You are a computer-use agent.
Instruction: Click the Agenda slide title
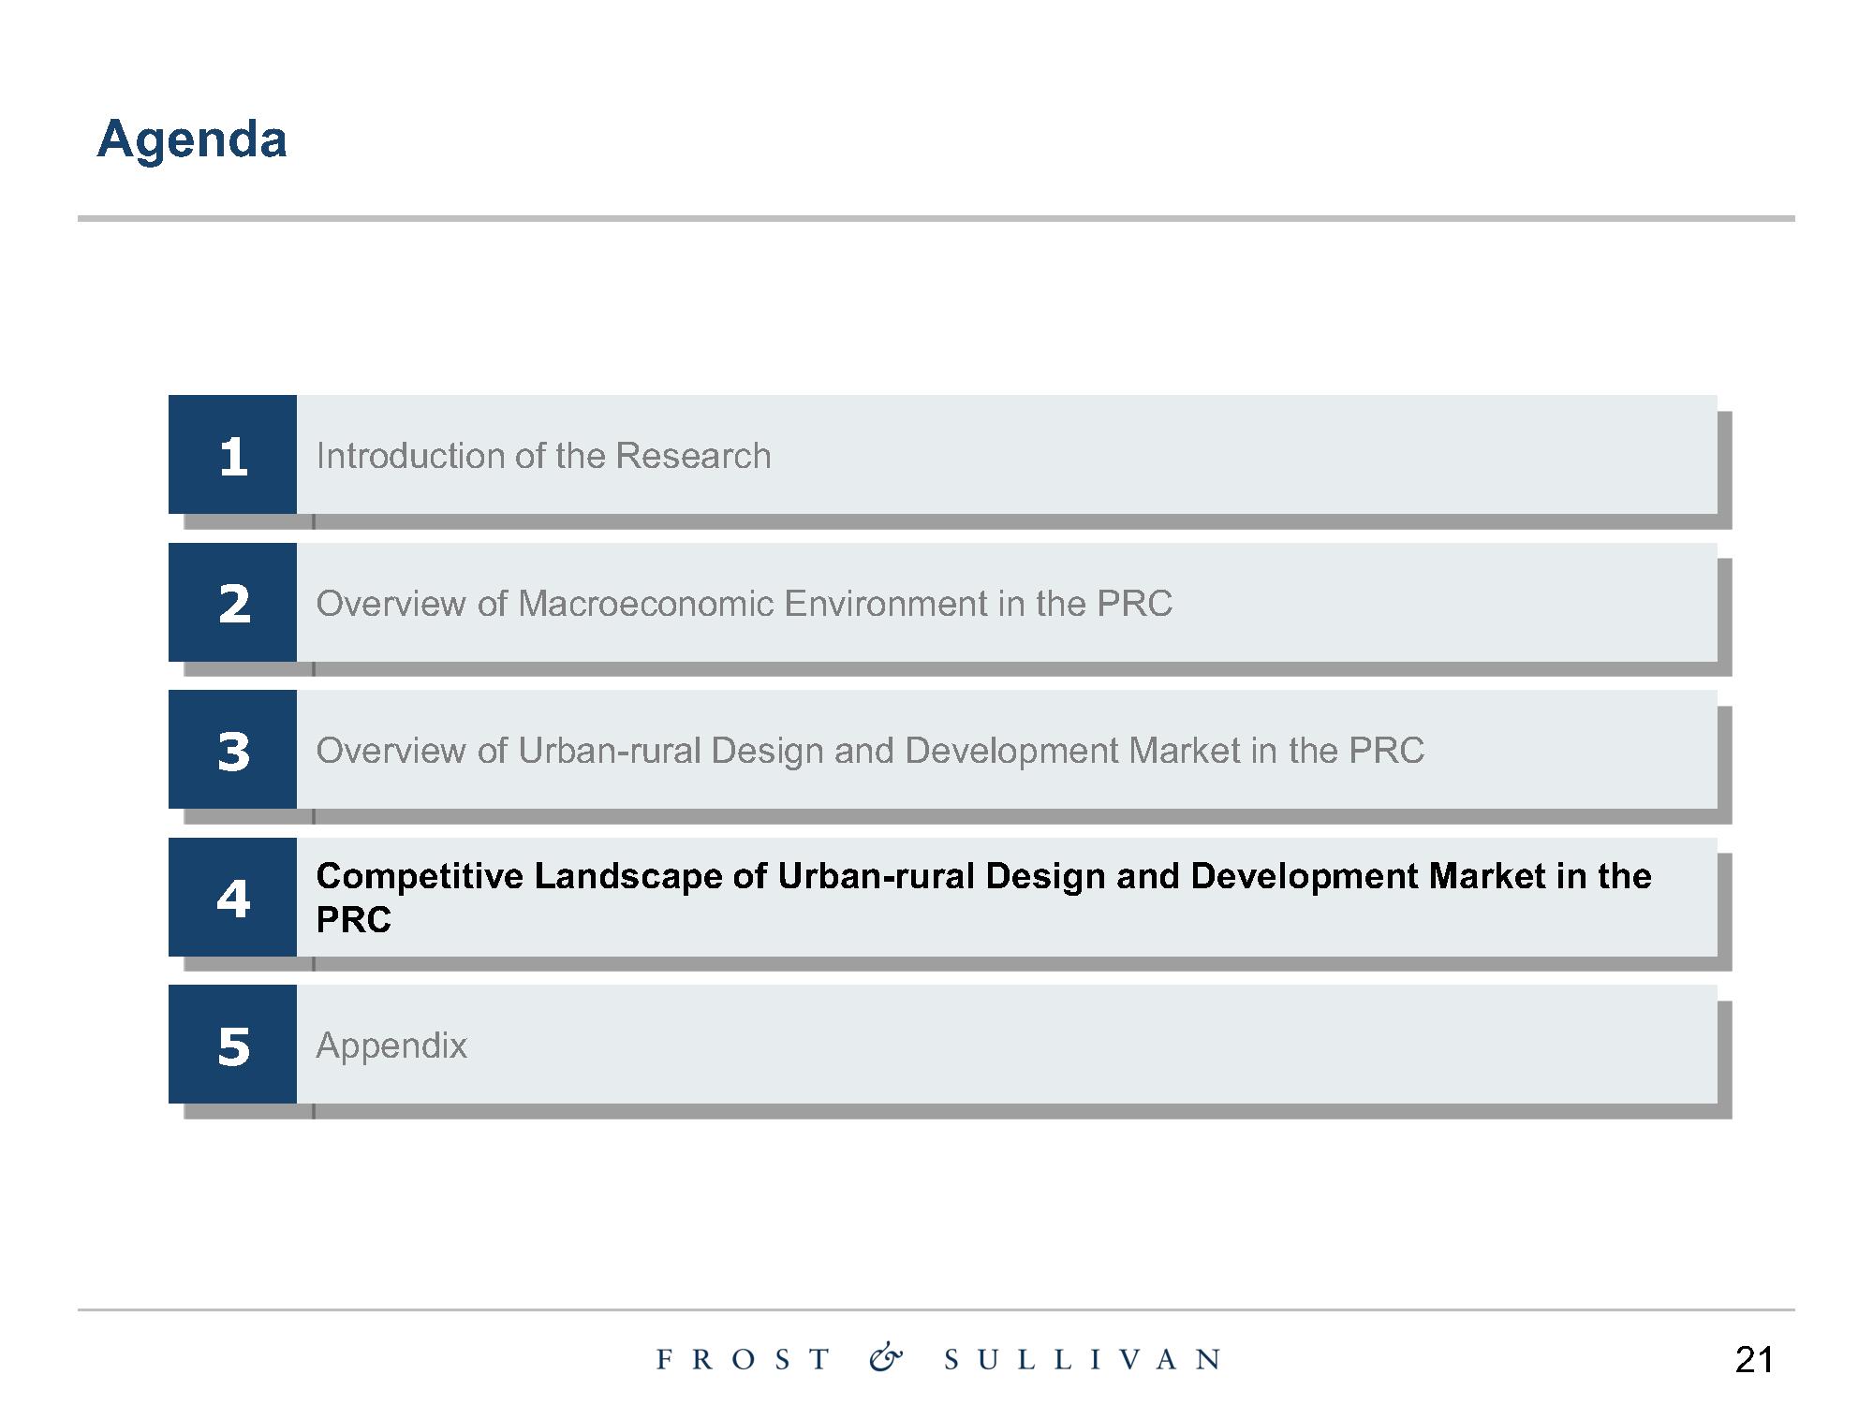192,140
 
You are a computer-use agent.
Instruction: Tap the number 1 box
232,454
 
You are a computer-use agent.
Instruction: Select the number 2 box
232,602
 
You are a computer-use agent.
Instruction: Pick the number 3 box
232,749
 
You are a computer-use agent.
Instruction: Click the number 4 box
232,897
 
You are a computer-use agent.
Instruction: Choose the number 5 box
232,1044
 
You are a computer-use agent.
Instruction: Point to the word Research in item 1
693,456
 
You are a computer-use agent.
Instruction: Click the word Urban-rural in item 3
610,751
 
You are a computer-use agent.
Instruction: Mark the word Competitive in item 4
420,876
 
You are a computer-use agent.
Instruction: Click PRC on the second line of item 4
354,919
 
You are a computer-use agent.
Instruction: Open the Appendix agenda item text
391,1046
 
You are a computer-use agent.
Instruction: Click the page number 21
1754,1359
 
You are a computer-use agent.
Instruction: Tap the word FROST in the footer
744,1359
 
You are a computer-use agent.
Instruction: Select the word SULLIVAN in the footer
1083,1359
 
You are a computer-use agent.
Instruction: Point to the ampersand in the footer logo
886,1358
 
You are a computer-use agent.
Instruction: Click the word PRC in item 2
1134,604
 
